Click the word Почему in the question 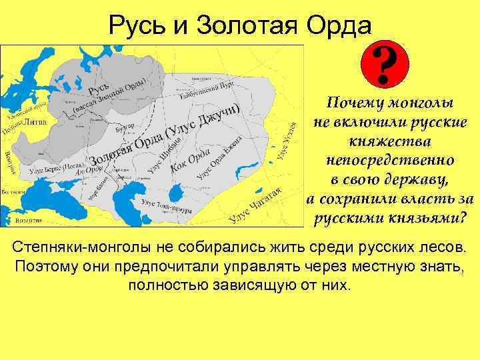(353, 104)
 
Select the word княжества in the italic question (389, 142)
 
